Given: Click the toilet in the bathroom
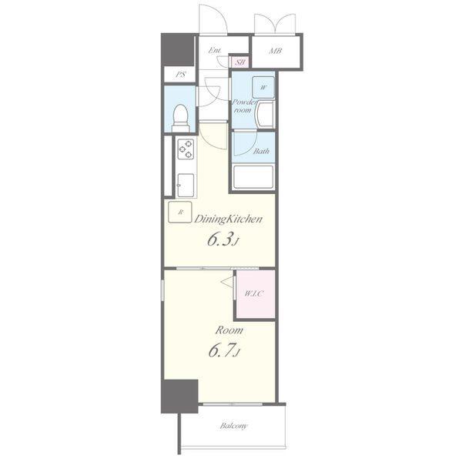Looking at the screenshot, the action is point(180,119).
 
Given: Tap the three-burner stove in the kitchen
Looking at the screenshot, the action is point(186,149).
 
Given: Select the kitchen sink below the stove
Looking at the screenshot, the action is point(186,186).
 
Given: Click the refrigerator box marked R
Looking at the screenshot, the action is point(180,212).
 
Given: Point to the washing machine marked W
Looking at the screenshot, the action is point(263,87).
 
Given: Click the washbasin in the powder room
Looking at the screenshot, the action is point(266,114).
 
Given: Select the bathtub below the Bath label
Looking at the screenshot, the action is point(253,177).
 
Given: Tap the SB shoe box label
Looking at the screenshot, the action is point(240,62).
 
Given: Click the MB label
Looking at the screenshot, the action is point(276,51).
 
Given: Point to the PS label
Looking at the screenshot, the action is point(181,74).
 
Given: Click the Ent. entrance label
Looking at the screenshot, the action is point(215,50).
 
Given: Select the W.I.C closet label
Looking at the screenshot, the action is point(253,293).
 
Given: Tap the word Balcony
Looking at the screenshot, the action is point(233,426).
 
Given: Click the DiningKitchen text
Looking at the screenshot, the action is point(228,219).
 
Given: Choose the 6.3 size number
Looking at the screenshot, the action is point(220,239).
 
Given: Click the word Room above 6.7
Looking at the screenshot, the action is point(229,330).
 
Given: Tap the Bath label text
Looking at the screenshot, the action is point(261,151).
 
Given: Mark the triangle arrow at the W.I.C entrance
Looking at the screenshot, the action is point(227,281).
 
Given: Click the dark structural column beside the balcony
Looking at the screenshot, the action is point(179,397).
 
